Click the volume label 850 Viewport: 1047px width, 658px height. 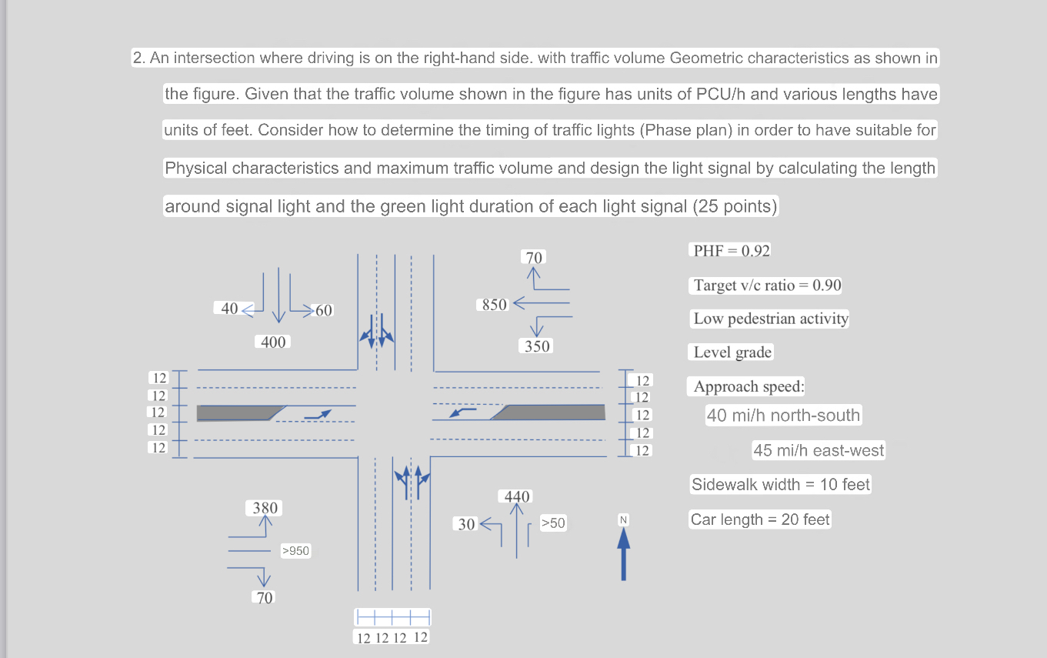click(x=495, y=305)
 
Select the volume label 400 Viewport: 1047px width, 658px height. click(x=273, y=342)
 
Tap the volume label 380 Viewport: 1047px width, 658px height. click(x=265, y=508)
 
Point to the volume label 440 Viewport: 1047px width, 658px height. click(x=517, y=497)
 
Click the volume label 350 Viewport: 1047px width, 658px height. click(x=537, y=346)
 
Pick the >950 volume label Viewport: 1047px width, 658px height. click(x=295, y=551)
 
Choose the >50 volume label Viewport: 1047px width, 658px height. click(x=552, y=523)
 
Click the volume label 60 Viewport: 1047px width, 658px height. click(x=324, y=311)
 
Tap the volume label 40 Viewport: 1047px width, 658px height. click(x=229, y=309)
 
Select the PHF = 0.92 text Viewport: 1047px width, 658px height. click(x=732, y=251)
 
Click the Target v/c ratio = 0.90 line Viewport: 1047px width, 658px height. click(x=767, y=286)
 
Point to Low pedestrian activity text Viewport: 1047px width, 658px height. click(x=771, y=319)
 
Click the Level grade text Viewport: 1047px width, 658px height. click(x=732, y=352)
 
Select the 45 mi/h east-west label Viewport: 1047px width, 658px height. click(x=819, y=450)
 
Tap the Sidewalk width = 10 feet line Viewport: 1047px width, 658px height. click(x=780, y=485)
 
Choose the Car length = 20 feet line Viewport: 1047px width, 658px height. click(x=760, y=519)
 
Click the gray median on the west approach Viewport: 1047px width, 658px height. click(x=235, y=413)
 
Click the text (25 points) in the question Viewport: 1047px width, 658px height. click(x=735, y=206)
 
